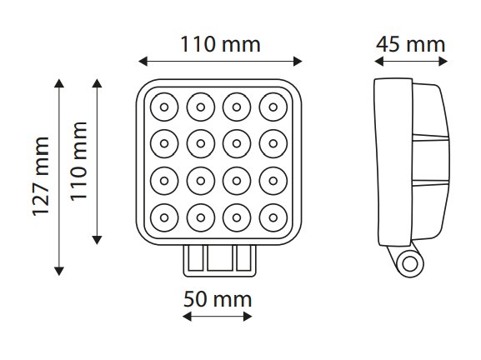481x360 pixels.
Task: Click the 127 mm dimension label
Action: pos(41,177)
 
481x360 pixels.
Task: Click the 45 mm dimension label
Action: pos(410,44)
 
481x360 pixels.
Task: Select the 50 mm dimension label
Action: pos(218,299)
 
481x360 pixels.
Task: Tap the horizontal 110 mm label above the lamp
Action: pos(220,44)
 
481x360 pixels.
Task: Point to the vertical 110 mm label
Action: pos(79,162)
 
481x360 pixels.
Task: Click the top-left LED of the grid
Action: pos(164,107)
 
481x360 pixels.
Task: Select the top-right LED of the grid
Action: pos(273,107)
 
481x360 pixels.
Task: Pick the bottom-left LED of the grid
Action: pos(164,217)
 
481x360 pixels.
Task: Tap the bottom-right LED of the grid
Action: pos(273,217)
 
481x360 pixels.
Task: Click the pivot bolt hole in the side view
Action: pos(410,264)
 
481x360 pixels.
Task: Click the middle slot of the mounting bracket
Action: pos(219,257)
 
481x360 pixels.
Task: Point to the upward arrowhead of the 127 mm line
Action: pos(59,83)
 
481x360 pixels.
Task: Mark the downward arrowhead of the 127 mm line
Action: pos(59,271)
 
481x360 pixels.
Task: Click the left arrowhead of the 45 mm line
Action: pos(379,62)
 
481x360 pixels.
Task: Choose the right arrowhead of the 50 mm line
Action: pos(248,317)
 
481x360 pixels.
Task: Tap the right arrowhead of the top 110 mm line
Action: pos(298,62)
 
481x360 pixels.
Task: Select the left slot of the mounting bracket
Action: pos(195,257)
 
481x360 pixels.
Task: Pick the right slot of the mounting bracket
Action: pos(243,257)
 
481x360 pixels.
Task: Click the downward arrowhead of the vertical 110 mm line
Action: pos(97,240)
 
